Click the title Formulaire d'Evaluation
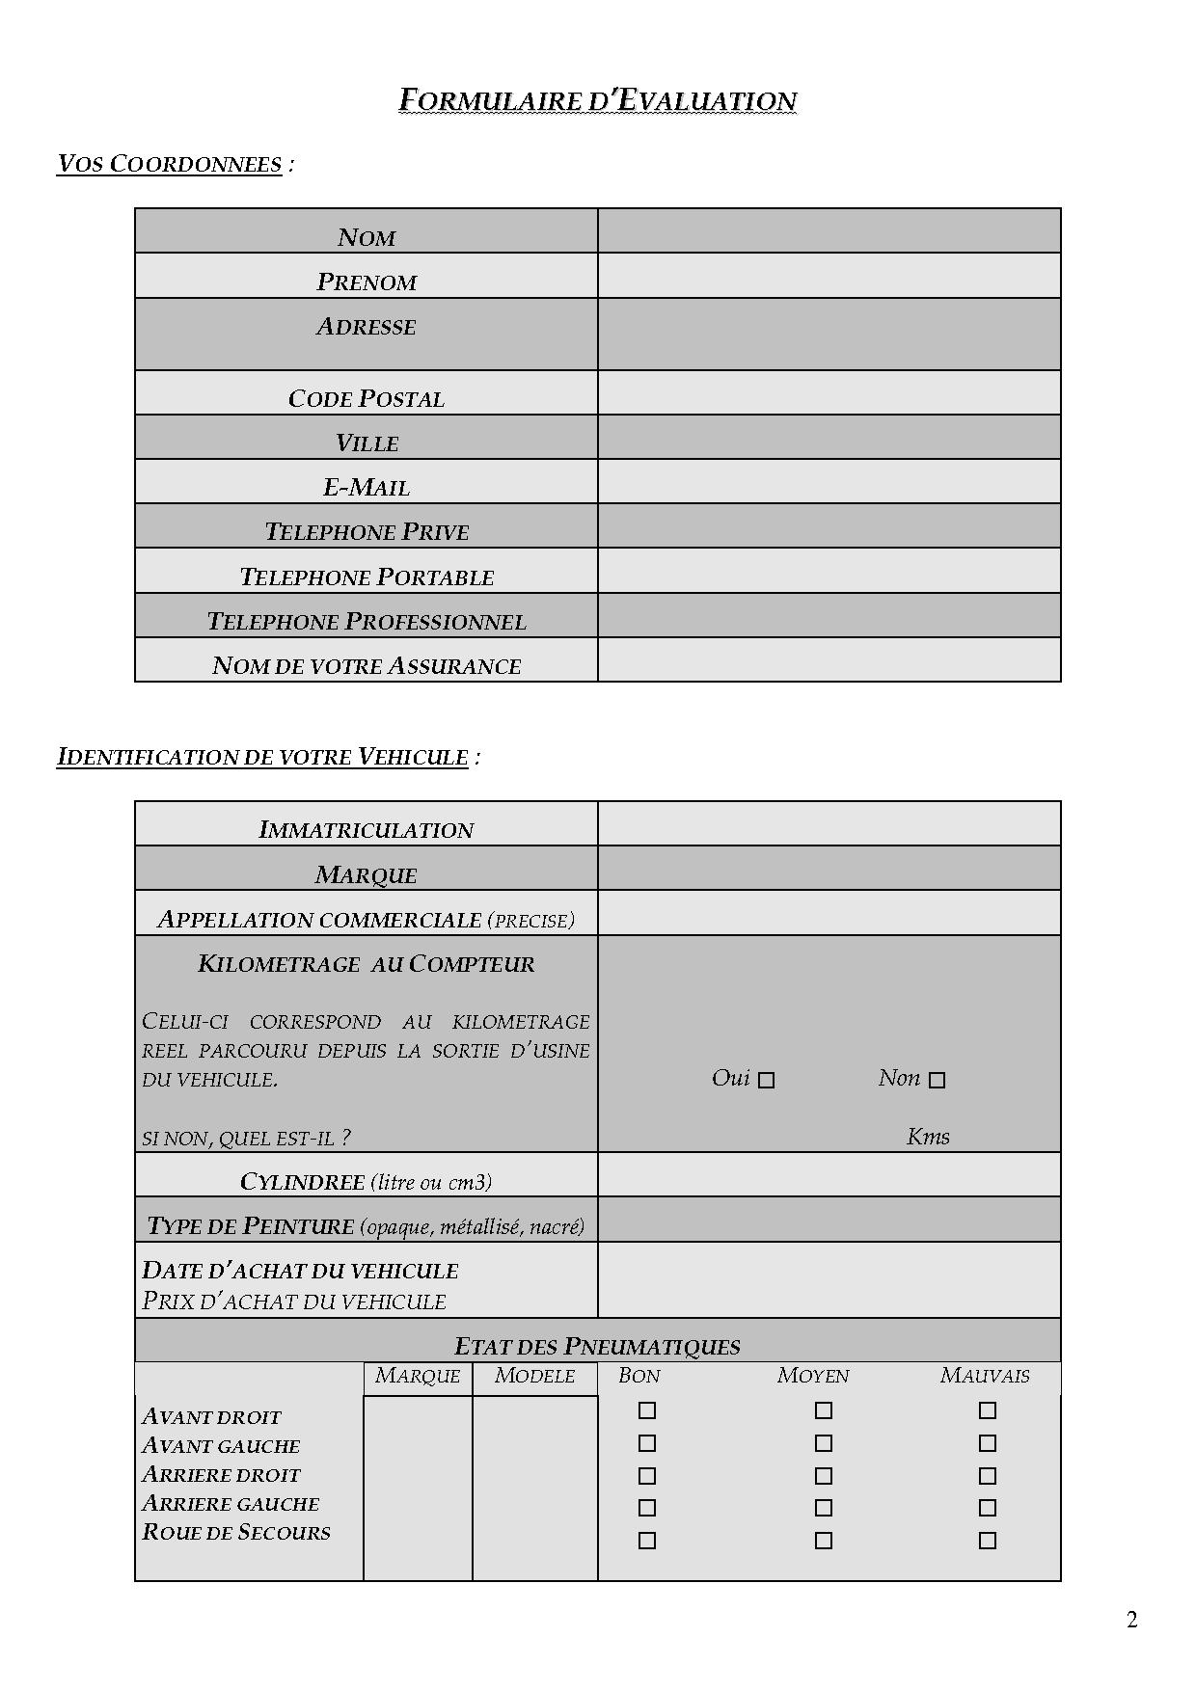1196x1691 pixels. click(598, 100)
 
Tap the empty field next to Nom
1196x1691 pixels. click(829, 231)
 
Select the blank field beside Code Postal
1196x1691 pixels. click(829, 393)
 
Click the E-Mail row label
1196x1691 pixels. click(367, 488)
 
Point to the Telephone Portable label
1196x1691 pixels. click(367, 577)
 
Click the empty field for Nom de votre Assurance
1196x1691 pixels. click(829, 660)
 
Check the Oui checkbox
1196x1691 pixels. click(766, 1081)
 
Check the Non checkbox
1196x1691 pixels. click(937, 1081)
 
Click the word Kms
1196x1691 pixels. click(928, 1137)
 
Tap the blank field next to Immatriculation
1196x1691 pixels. click(829, 824)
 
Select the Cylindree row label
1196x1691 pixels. click(367, 1182)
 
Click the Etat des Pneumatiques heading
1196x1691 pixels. click(597, 1347)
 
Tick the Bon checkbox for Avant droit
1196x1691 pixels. click(647, 1410)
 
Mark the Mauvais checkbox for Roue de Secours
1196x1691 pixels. click(987, 1541)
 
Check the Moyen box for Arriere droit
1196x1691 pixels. click(823, 1476)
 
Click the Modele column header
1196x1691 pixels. click(534, 1376)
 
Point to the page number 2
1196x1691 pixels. click(1132, 1620)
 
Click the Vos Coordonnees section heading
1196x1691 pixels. click(170, 164)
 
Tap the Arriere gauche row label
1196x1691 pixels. click(231, 1504)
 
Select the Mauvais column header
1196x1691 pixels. click(985, 1376)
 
